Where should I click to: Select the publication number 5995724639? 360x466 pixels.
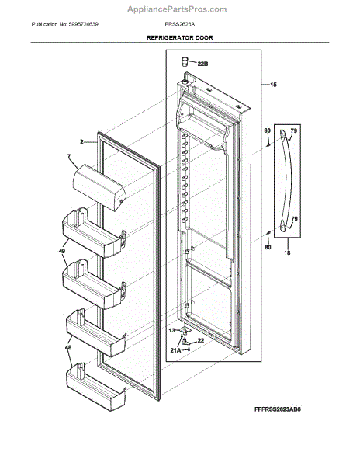coord(88,25)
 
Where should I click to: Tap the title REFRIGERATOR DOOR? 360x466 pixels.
coord(179,37)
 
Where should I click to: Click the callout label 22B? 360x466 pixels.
coord(203,64)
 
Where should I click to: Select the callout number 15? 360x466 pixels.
coord(272,84)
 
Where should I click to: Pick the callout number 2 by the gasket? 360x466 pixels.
coord(81,142)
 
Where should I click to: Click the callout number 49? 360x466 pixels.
coord(61,250)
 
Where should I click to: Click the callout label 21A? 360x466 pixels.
coord(175,349)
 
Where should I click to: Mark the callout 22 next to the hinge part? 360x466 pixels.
coord(200,340)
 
